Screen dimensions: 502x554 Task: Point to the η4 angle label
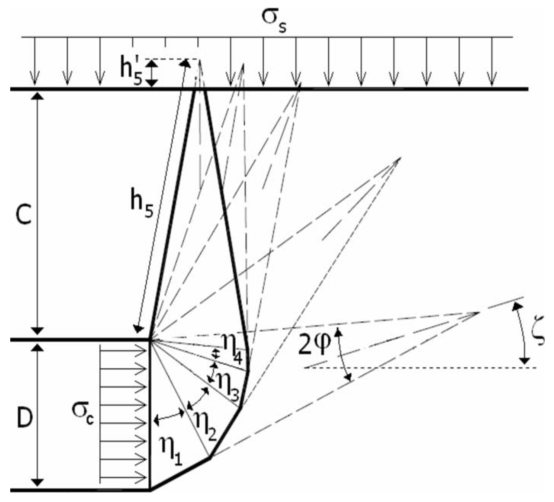tap(232, 347)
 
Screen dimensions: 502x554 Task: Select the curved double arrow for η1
tap(169, 417)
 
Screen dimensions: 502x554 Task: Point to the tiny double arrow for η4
tap(215, 354)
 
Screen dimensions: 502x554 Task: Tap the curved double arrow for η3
tap(212, 372)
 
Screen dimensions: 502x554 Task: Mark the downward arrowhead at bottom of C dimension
tap(38, 331)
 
